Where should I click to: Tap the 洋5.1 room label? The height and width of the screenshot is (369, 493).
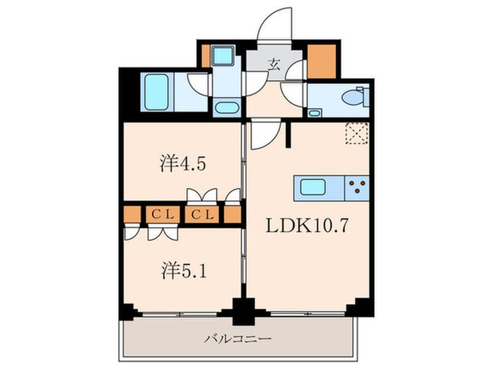tap(182, 271)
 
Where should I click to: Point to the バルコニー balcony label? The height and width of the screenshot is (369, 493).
tap(239, 338)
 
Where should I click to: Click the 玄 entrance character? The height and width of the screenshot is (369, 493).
tap(273, 64)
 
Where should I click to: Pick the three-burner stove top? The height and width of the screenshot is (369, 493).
tap(358, 187)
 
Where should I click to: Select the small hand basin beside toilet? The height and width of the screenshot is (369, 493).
tap(315, 112)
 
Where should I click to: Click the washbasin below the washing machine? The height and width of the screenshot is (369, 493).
tap(226, 108)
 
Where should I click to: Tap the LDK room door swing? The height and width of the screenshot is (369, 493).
tap(263, 135)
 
